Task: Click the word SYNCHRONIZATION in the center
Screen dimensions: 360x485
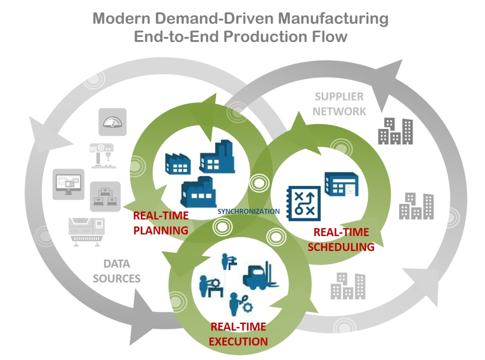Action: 248,211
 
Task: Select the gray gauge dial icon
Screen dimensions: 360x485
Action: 112,122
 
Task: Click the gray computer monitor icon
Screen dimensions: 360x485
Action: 68,184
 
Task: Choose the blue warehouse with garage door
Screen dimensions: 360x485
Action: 341,185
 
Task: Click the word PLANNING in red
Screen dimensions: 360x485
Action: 161,230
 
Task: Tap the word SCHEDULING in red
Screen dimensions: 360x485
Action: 341,247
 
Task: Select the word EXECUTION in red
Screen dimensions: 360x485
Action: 238,341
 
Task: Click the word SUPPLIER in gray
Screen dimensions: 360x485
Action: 339,97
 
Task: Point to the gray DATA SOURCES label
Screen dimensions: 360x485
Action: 117,271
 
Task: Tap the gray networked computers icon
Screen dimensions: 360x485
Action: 105,196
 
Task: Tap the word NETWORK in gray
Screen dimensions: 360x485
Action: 340,111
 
